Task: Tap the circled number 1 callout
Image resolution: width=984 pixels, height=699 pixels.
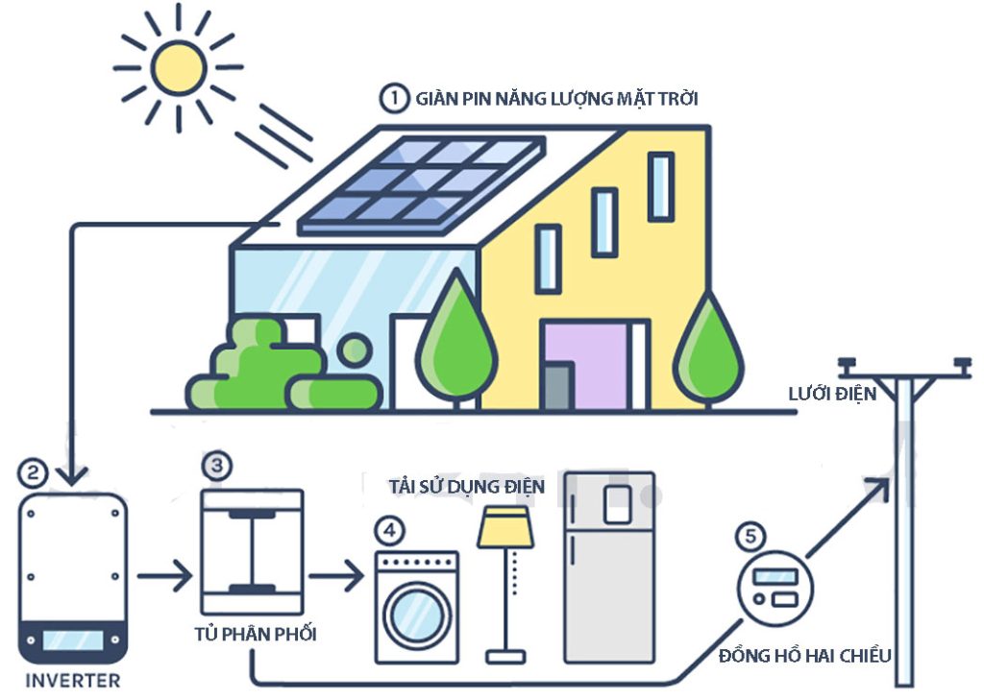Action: (x=391, y=98)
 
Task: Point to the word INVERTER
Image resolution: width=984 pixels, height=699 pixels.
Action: (x=73, y=681)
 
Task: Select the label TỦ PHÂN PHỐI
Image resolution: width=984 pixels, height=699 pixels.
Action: (x=255, y=635)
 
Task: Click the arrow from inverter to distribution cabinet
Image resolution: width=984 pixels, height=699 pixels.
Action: (x=165, y=577)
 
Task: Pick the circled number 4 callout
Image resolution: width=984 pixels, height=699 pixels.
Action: (x=387, y=529)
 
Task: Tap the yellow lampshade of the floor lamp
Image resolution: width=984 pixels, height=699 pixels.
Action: (x=505, y=528)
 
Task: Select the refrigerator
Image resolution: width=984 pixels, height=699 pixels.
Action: (x=609, y=566)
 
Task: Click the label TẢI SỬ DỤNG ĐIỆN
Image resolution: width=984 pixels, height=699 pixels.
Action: (x=467, y=487)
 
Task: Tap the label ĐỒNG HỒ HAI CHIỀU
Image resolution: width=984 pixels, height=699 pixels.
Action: (x=805, y=657)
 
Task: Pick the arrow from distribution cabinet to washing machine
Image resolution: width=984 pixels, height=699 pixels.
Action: (x=336, y=577)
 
